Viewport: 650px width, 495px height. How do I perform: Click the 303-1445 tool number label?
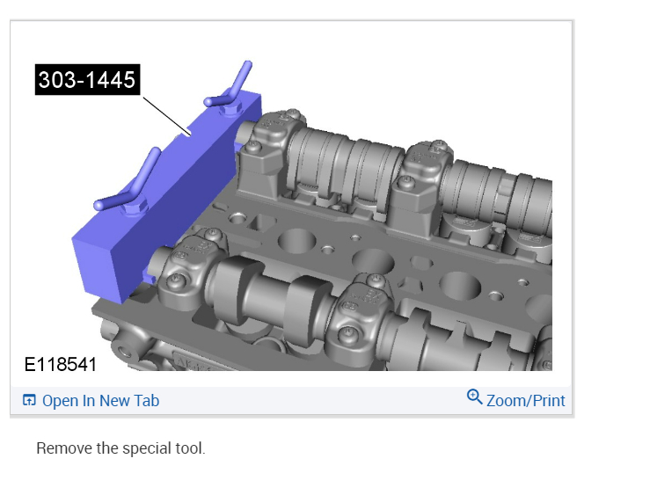coord(87,79)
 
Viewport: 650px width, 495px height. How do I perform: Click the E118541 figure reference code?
coord(61,365)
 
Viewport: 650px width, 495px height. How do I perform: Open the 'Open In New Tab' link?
coord(101,401)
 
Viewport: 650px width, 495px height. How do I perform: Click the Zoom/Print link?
coord(526,401)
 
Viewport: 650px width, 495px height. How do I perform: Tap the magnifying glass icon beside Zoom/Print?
coord(474,397)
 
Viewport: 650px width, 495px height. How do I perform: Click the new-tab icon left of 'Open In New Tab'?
coord(29,400)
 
